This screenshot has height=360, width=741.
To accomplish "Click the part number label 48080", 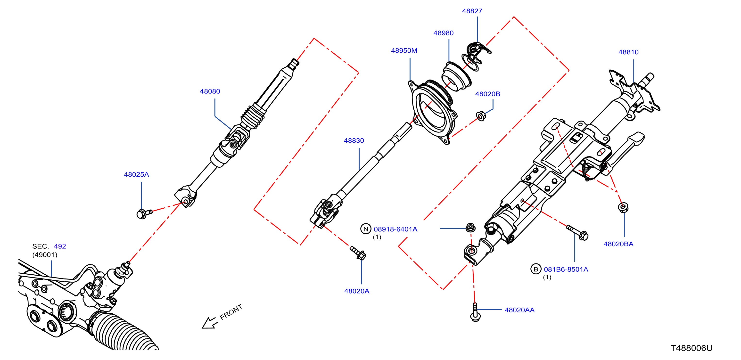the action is tap(210, 91).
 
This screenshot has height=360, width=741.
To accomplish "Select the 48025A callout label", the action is tap(136, 174).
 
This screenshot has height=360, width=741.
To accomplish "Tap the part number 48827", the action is tap(472, 11).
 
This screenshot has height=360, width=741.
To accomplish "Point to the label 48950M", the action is tap(404, 51).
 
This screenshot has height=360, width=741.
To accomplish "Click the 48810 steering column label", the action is tap(628, 52).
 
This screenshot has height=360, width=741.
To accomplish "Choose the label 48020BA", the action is tap(618, 244).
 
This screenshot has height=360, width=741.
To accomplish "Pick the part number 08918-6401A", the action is tap(395, 229).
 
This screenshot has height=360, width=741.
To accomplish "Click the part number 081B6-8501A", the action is tap(566, 270).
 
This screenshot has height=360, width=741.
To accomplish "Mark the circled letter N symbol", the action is tap(366, 229).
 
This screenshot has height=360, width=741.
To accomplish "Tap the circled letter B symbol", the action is tap(536, 269).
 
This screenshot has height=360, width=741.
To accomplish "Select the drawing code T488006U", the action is tap(691, 348).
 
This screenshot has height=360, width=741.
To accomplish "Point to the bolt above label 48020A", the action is tap(358, 253).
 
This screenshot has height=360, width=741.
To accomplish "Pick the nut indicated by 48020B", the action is tap(481, 116).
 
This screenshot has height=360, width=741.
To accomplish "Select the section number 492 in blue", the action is tap(60, 246).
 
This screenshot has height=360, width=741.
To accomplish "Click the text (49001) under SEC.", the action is tap(45, 255).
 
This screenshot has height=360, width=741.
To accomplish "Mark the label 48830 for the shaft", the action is tap(354, 141).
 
